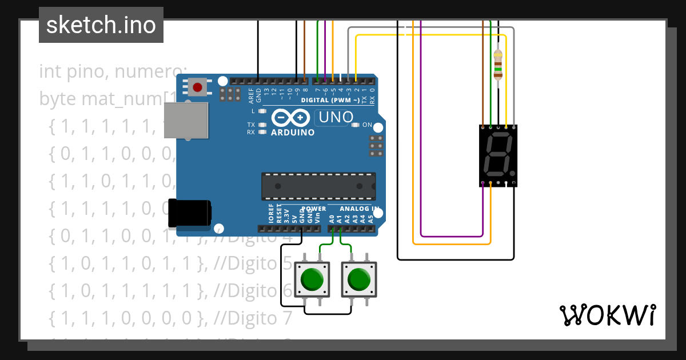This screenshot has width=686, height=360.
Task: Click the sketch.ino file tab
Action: (x=101, y=25)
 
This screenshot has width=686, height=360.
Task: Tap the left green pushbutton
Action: (x=312, y=279)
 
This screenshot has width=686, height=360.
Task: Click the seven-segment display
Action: (x=497, y=155)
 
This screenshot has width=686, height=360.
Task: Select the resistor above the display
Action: (x=498, y=63)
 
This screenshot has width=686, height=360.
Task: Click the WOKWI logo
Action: (x=607, y=315)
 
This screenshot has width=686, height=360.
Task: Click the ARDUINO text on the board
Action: (x=293, y=133)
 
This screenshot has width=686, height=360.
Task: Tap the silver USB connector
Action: (x=187, y=121)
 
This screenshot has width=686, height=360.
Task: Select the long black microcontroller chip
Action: (x=318, y=186)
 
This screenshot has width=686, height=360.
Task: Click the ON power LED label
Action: (x=367, y=125)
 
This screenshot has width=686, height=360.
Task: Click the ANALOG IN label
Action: (x=360, y=209)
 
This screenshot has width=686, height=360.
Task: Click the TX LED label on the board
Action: (x=251, y=125)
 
